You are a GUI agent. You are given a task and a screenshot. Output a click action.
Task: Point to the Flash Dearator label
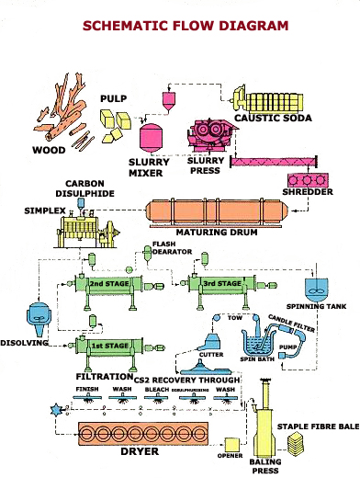point(164,249)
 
